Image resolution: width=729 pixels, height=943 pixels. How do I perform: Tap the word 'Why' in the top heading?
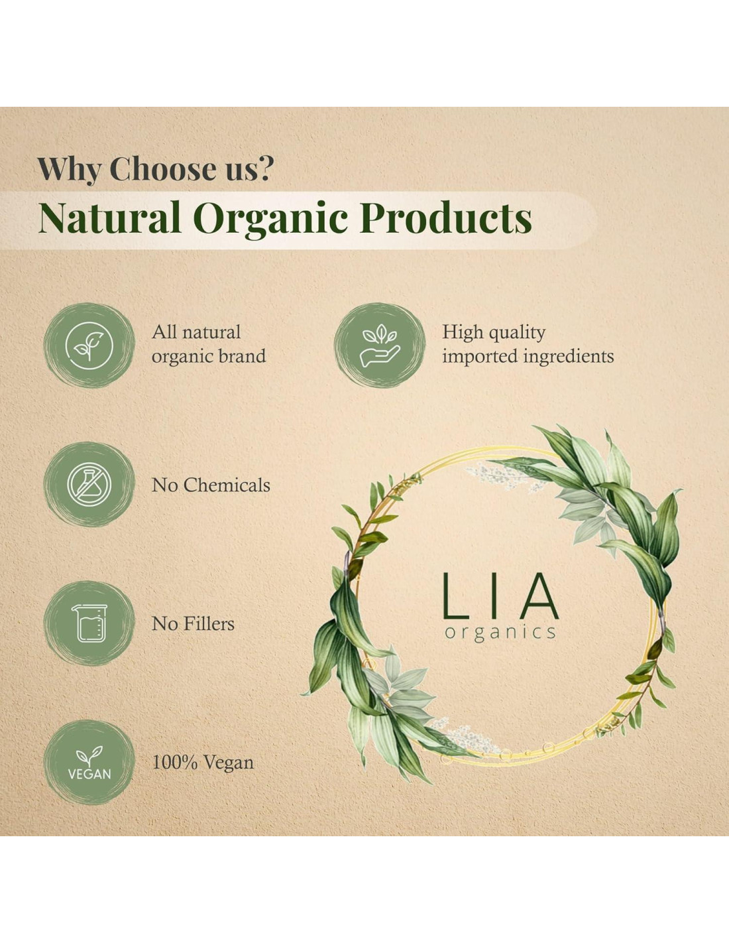[x=69, y=170]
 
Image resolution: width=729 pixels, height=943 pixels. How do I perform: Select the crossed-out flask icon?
[x=89, y=484]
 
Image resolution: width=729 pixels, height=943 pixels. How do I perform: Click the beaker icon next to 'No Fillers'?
[x=89, y=623]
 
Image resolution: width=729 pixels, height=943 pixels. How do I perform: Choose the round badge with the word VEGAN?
[x=89, y=762]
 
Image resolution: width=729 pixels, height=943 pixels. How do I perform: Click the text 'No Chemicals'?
[x=211, y=485]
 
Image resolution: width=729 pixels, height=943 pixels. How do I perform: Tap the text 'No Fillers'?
[x=193, y=623]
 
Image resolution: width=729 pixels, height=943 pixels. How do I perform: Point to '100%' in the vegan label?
[x=175, y=763]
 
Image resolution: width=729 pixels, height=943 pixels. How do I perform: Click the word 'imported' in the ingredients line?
[x=480, y=357]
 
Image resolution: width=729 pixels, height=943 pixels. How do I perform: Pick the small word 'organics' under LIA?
[x=500, y=633]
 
